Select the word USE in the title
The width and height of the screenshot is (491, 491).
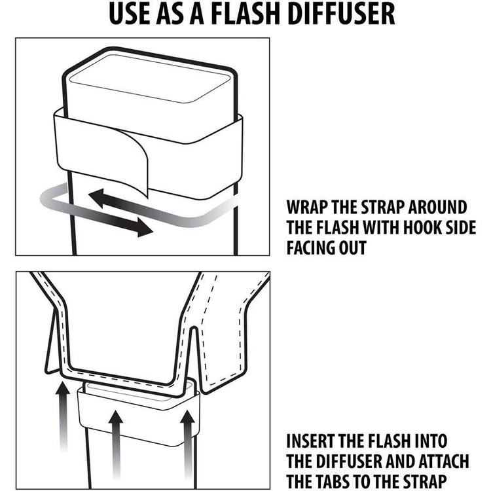130,14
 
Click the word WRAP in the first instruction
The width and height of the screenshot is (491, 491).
307,208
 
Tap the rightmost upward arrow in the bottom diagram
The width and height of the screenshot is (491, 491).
188,426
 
